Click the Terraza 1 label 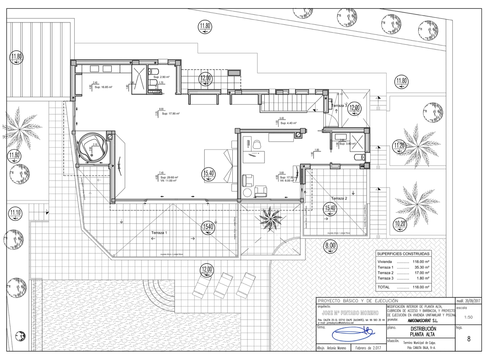tap(159, 232)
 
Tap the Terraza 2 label tap(339, 198)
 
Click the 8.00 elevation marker tap(330, 246)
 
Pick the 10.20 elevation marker tap(400, 224)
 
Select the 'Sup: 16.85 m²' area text tap(103, 87)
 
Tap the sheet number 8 tap(469, 339)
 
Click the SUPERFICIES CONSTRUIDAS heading tap(403, 254)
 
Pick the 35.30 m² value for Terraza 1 tap(422, 267)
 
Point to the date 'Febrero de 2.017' tap(368, 348)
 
